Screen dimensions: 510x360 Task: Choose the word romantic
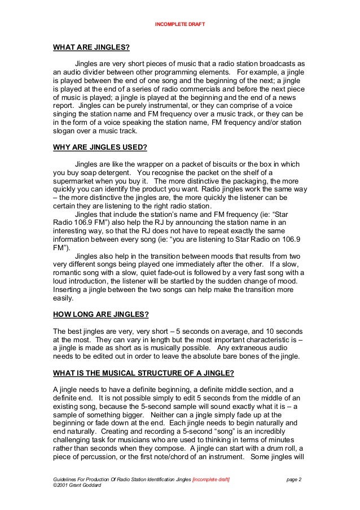pyautogui.click(x=69, y=272)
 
